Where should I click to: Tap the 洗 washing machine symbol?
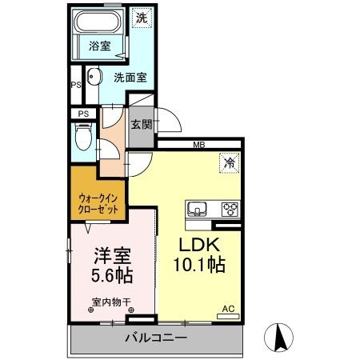pos(141,17)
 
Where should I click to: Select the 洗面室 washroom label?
pos(129,78)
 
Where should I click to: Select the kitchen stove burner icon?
pos(230,210)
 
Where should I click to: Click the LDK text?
pos(196,245)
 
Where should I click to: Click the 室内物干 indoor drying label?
pos(110,303)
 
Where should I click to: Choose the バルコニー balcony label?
pos(156,338)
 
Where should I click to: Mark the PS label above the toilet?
pos(82,114)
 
